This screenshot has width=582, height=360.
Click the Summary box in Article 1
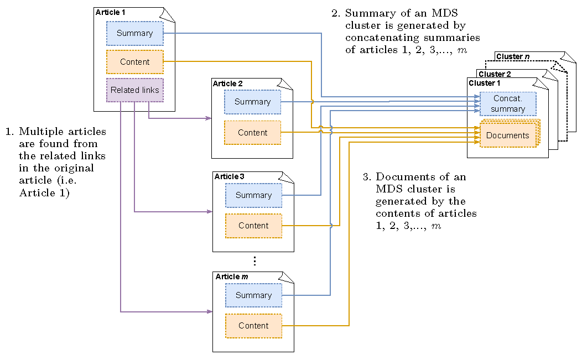134,33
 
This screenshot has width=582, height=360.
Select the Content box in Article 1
134,62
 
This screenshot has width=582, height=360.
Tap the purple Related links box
134,90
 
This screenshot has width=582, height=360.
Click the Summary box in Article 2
252,102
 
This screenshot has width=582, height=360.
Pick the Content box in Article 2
252,133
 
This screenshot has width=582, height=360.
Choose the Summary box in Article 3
253,195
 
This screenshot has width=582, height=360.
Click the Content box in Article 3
253,226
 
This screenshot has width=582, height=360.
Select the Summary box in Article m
253,295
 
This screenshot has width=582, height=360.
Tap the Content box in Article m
253,326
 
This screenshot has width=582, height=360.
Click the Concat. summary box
507,104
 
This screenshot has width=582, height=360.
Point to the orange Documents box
507,135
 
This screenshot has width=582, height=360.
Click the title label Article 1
111,12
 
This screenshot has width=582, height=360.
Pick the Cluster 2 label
495,74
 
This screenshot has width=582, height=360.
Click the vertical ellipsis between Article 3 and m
254,261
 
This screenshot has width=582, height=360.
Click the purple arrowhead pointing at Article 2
209,118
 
